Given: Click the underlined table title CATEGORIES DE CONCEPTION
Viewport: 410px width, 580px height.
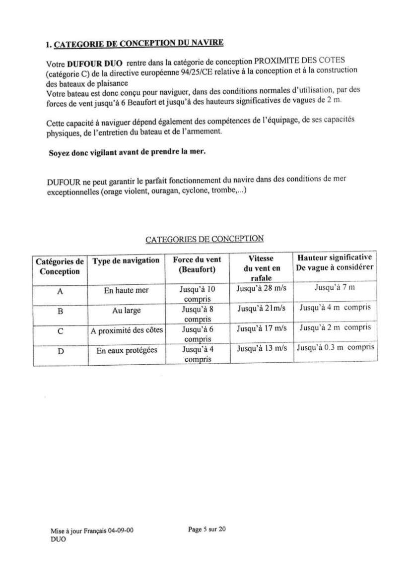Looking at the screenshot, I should [205, 239].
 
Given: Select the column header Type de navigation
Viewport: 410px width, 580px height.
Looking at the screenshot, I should [126, 261].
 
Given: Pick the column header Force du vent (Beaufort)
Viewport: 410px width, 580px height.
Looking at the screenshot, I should [197, 264].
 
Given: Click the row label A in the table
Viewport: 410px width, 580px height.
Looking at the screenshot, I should [60, 292].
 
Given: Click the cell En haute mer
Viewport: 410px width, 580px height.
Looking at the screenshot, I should [126, 291].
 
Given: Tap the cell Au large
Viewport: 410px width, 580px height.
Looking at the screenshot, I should [126, 311].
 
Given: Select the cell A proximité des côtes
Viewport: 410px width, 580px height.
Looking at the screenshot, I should [127, 330].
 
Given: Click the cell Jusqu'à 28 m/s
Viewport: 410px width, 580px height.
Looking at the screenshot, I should [262, 288].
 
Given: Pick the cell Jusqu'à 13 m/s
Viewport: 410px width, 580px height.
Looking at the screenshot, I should [262, 348].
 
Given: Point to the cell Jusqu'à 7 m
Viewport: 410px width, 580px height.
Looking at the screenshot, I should [335, 288].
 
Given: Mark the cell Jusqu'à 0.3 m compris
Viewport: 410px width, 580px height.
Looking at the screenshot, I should [335, 347].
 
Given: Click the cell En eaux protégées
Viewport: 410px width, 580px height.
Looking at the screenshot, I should [127, 350].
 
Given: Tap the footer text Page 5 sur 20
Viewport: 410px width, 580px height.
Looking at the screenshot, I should [207, 529].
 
